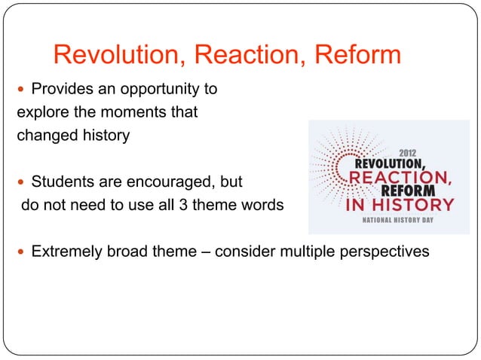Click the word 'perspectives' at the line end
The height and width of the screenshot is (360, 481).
tap(385, 251)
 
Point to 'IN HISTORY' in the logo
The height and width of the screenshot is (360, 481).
tap(400, 204)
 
